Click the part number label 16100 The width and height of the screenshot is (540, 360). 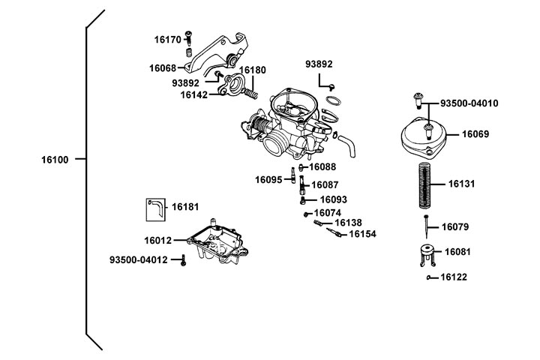[x=55, y=159]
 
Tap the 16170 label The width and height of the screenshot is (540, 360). [x=168, y=39]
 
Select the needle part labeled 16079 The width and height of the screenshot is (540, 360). [x=425, y=223]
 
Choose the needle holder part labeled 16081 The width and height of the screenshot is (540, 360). [x=425, y=255]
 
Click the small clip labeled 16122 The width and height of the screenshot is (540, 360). [x=430, y=277]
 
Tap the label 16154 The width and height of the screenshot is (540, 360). [x=361, y=234]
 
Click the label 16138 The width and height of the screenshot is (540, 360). [x=348, y=223]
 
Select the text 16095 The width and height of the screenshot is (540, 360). [x=268, y=180]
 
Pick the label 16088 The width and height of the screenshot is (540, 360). [x=322, y=167]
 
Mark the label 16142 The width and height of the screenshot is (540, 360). [x=193, y=95]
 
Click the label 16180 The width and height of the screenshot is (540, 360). [x=253, y=70]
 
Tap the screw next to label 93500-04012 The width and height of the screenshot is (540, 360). [x=182, y=260]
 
